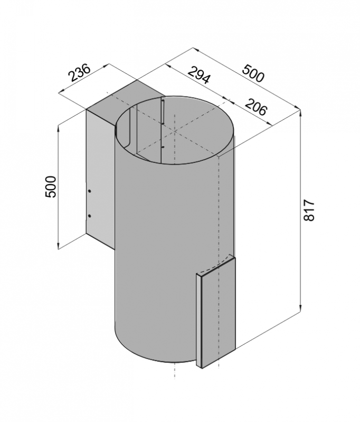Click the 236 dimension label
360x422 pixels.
(x=80, y=72)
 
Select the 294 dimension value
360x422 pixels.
(x=198, y=75)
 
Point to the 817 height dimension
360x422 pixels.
(x=309, y=210)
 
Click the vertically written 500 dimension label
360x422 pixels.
(x=51, y=187)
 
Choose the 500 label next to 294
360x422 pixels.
(x=253, y=73)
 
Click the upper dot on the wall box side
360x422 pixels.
(x=90, y=191)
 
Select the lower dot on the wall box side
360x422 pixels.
(x=90, y=216)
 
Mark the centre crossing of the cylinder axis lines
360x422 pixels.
(x=175, y=131)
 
